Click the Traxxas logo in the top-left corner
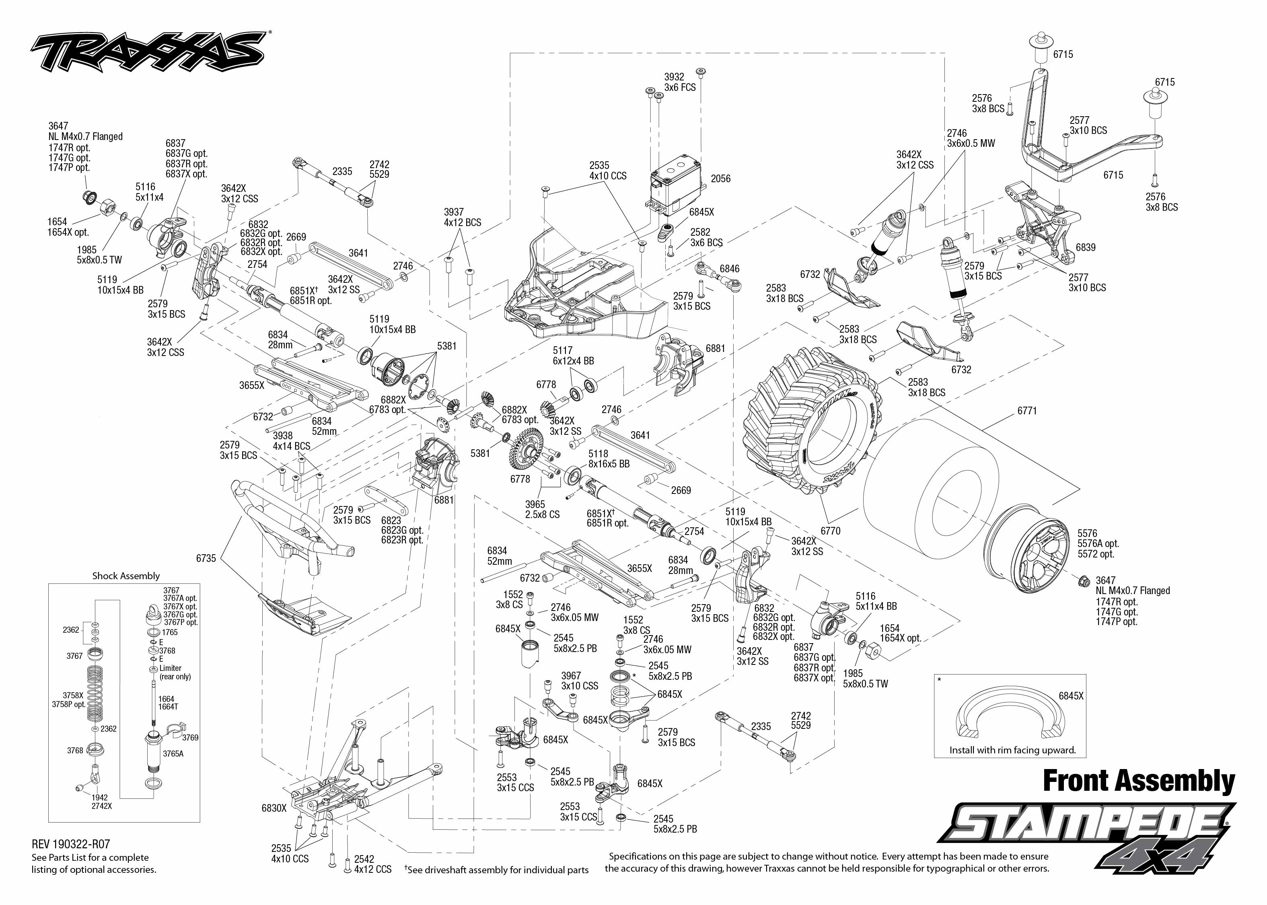pyautogui.click(x=148, y=52)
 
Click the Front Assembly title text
pyautogui.click(x=1138, y=781)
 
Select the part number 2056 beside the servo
pyautogui.click(x=720, y=179)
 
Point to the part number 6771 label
pyautogui.click(x=1027, y=411)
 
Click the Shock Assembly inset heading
pyautogui.click(x=126, y=576)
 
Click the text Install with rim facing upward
pyautogui.click(x=1012, y=750)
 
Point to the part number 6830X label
pyautogui.click(x=274, y=808)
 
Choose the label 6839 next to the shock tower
pyautogui.click(x=1085, y=247)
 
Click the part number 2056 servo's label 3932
pyautogui.click(x=674, y=77)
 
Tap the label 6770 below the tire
pyautogui.click(x=830, y=531)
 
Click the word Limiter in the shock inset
pyautogui.click(x=171, y=668)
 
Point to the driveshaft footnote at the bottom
pyautogui.click(x=496, y=870)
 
